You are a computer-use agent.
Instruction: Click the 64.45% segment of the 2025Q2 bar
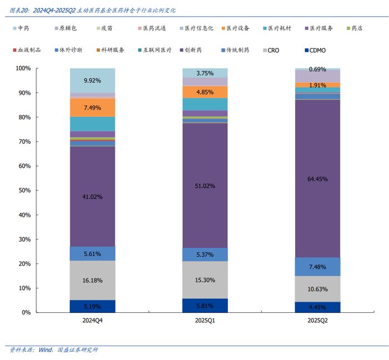tap(317, 179)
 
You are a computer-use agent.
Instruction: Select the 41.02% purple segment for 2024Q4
tap(92, 196)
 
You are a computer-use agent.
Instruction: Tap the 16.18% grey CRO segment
tap(92, 281)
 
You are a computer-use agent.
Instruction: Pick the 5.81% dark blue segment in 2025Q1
tap(205, 306)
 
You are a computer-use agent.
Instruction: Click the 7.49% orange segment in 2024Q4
tap(92, 107)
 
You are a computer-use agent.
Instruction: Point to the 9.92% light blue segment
tap(92, 81)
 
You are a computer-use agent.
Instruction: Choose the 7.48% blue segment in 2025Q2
tap(317, 267)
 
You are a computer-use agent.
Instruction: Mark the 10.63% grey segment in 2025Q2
tap(317, 289)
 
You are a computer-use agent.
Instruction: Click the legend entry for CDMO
tap(314, 51)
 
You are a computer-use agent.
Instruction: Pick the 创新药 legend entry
tap(191, 51)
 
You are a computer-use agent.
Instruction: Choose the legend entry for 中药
tap(20, 28)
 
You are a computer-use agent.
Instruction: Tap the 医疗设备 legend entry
tap(232, 28)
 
